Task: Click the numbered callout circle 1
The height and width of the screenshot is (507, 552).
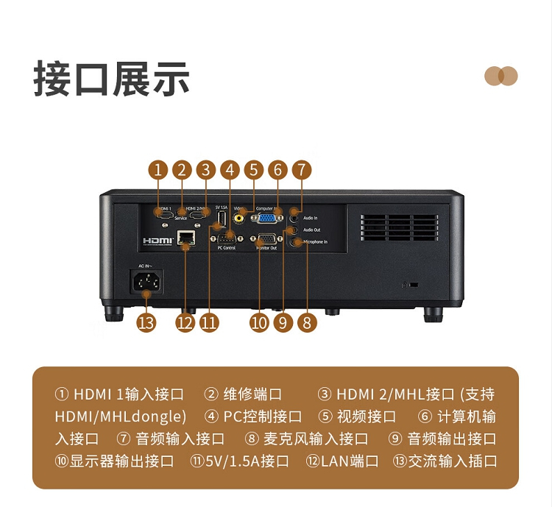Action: pyautogui.click(x=158, y=170)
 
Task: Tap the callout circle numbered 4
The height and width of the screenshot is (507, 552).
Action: pyautogui.click(x=230, y=170)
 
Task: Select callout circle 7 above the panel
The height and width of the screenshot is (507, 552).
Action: pyautogui.click(x=300, y=170)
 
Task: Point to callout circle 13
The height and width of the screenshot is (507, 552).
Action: pyautogui.click(x=146, y=322)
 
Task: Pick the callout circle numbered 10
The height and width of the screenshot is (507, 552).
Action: pyautogui.click(x=259, y=322)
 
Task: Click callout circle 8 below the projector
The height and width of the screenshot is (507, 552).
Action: pyautogui.click(x=306, y=322)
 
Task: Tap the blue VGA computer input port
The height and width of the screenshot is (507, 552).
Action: pyautogui.click(x=268, y=217)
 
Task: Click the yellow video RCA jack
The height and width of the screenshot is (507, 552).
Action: pyautogui.click(x=239, y=217)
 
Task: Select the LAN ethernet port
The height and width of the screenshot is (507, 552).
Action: pyautogui.click(x=187, y=238)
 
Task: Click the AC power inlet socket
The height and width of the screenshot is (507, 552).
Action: pyautogui.click(x=146, y=281)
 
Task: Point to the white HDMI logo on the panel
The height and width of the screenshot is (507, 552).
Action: pyautogui.click(x=157, y=240)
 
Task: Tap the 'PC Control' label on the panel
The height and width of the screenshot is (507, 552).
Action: pyautogui.click(x=227, y=248)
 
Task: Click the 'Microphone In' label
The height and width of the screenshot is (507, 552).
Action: pyautogui.click(x=315, y=241)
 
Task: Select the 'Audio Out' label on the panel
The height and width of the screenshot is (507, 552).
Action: pyautogui.click(x=311, y=230)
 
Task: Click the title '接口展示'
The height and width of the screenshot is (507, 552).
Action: pyautogui.click(x=111, y=79)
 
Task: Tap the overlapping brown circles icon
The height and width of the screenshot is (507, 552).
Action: pyautogui.click(x=501, y=76)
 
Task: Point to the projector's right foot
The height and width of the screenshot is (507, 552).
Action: pyautogui.click(x=434, y=315)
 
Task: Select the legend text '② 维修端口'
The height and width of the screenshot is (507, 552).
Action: pyautogui.click(x=243, y=394)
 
